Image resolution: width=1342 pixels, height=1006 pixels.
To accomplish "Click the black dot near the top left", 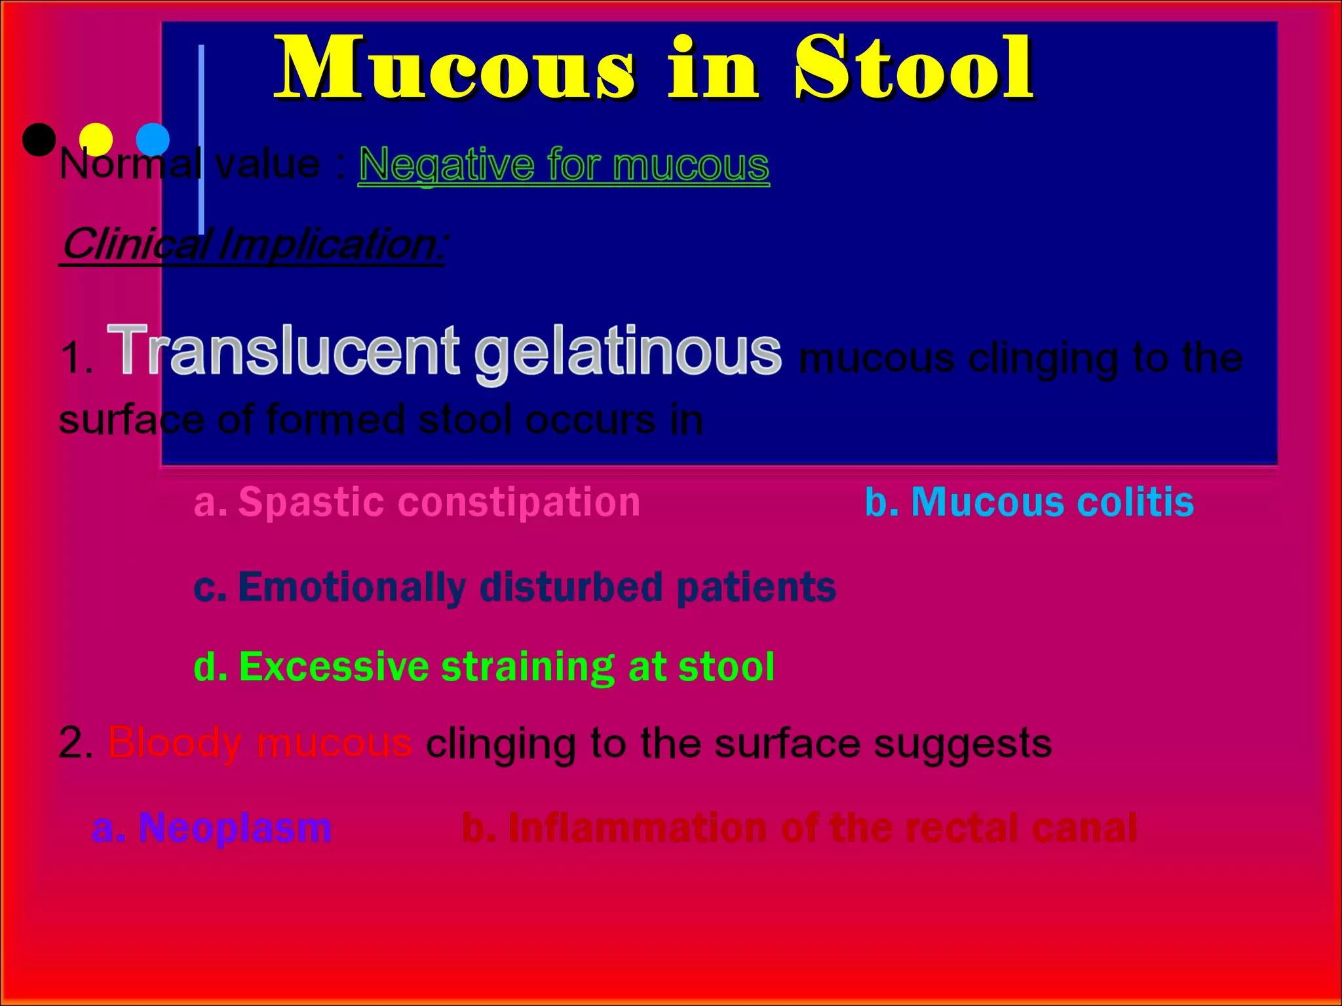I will click(x=39, y=140).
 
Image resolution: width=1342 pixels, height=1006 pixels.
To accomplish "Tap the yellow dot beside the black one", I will click(x=96, y=140).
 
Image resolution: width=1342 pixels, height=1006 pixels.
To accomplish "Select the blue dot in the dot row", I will click(x=153, y=140).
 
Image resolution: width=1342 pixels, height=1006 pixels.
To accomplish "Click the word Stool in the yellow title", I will click(x=914, y=69).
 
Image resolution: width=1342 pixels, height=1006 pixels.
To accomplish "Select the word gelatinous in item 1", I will click(x=627, y=354).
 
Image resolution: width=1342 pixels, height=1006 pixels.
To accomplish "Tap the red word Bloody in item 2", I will click(x=174, y=743).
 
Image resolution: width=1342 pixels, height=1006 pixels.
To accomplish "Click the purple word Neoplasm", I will click(x=235, y=828).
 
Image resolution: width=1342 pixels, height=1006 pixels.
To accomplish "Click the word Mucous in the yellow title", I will click(x=455, y=69).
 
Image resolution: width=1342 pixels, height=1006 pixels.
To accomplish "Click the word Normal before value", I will click(x=130, y=164).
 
